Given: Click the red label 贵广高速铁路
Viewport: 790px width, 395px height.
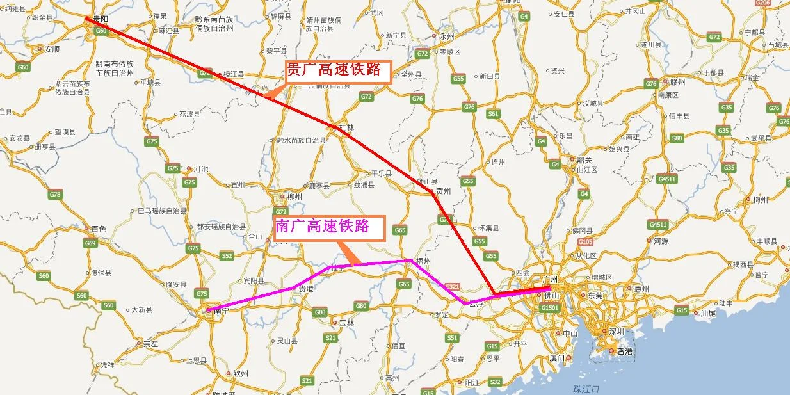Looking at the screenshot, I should coord(337,70).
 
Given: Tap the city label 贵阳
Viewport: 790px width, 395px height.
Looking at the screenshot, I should coord(100,20).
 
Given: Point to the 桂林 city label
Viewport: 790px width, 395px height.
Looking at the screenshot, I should coord(346,127).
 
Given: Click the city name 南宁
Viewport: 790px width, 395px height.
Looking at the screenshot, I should coord(221,310).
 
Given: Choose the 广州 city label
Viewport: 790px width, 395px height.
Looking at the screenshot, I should coord(550,280).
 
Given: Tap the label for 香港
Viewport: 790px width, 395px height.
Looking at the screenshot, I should coord(624,351).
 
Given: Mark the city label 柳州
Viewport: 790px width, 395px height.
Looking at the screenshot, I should coord(294,197).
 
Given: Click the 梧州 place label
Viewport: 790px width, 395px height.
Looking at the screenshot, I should coord(423,261).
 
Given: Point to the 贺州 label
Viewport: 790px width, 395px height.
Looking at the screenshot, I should coord(443,191).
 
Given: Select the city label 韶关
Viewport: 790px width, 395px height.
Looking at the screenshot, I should coord(584,160).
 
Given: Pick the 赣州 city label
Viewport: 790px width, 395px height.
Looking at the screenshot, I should coord(677,82).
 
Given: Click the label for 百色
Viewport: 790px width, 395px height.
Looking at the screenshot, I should coord(99,229).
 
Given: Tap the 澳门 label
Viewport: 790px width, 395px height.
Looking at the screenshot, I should coord(557,358).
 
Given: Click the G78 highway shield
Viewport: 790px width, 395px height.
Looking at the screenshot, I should coord(56,195).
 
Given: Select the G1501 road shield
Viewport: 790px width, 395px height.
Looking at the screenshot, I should coord(550,308).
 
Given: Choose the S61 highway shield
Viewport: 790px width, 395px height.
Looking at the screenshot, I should coord(493,114).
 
